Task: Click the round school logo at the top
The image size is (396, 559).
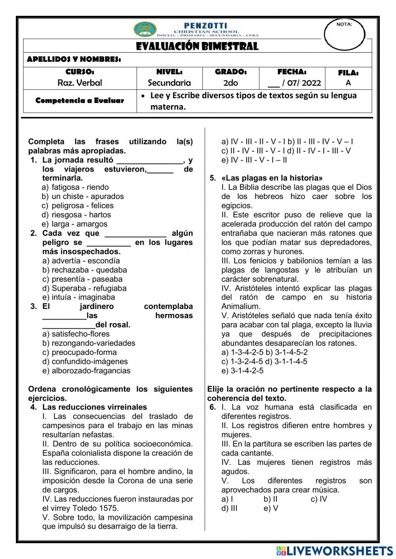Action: point(145,29)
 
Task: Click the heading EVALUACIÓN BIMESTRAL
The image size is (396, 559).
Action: point(197,46)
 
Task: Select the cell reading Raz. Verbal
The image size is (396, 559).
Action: point(80,83)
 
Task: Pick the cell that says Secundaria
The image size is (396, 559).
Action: point(169,83)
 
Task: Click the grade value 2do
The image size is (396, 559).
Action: point(230,83)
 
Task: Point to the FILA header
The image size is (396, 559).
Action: point(348,73)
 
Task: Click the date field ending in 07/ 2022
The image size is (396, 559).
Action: point(294,83)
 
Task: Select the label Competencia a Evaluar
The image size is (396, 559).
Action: point(80,100)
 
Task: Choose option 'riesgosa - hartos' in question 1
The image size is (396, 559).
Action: point(81,215)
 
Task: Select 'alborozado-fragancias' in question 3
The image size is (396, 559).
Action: point(91,371)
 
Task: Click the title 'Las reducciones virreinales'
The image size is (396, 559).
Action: point(95,407)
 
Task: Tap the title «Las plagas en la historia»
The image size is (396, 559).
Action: point(272,178)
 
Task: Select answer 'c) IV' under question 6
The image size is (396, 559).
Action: point(319,499)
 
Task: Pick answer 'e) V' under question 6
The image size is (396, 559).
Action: point(271,508)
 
